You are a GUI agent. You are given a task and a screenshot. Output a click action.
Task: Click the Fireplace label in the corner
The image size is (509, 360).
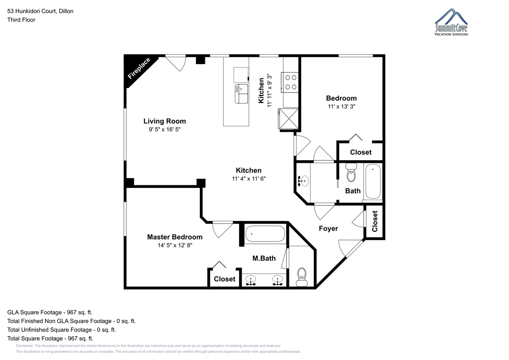(140, 69)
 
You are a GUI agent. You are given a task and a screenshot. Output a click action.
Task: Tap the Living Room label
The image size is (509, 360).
(165, 121)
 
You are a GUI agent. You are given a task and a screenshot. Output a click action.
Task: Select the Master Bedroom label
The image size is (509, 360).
(175, 237)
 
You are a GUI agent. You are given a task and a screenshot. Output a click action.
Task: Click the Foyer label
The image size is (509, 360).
(328, 229)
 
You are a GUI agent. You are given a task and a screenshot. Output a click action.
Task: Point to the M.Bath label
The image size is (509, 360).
(264, 258)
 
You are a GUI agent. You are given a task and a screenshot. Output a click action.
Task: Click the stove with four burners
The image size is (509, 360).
(291, 82)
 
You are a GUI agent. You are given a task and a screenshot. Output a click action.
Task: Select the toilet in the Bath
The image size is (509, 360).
(351, 173)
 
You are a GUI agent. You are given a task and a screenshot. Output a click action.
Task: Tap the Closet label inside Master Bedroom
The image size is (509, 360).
(224, 279)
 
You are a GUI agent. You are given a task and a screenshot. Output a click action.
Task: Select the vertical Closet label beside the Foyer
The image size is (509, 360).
(375, 221)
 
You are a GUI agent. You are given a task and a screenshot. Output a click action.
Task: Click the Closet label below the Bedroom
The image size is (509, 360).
(361, 152)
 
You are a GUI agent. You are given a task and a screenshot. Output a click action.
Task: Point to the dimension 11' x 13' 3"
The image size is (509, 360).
(341, 107)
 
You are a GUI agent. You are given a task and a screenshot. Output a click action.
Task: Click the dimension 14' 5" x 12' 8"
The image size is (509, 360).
(174, 245)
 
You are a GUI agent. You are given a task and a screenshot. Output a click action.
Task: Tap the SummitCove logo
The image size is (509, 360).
(452, 23)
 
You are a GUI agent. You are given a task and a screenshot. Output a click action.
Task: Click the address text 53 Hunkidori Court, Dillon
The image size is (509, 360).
(40, 11)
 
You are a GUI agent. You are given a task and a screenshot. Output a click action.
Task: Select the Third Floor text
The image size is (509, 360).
(21, 20)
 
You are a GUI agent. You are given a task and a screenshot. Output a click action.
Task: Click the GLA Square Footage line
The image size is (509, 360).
(50, 312)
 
